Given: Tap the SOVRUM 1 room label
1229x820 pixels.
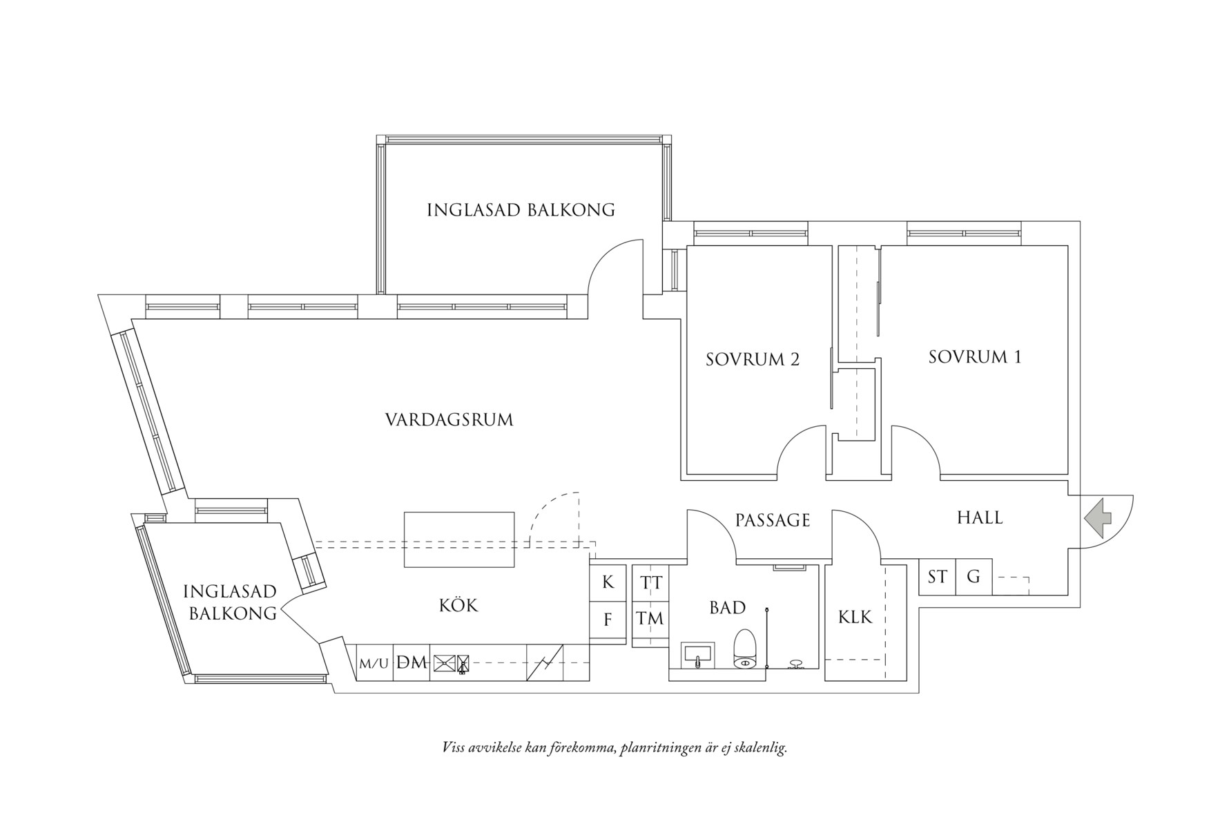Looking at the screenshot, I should (974, 357).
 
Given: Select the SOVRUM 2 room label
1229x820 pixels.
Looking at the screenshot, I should (753, 359).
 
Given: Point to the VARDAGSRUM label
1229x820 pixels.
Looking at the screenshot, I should (449, 419).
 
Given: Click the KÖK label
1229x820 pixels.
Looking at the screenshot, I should (458, 606).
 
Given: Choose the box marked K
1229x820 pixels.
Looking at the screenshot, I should (608, 582).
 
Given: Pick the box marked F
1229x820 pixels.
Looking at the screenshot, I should (608, 620).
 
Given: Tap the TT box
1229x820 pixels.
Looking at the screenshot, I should (650, 582).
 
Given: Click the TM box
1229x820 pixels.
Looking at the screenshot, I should (650, 618).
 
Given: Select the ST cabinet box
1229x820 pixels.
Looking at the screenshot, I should (937, 576).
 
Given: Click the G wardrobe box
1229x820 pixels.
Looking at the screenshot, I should (974, 576).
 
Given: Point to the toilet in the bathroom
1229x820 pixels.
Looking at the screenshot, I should (745, 649).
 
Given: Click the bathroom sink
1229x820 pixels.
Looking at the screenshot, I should (699, 655).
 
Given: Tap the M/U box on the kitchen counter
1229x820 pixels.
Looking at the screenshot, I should (374, 663).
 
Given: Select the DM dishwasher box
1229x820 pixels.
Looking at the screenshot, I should (412, 662).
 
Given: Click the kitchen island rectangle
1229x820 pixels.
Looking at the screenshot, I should (459, 539).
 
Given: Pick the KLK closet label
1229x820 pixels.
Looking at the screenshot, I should (855, 617).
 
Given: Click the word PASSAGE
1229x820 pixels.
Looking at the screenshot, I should (772, 520).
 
